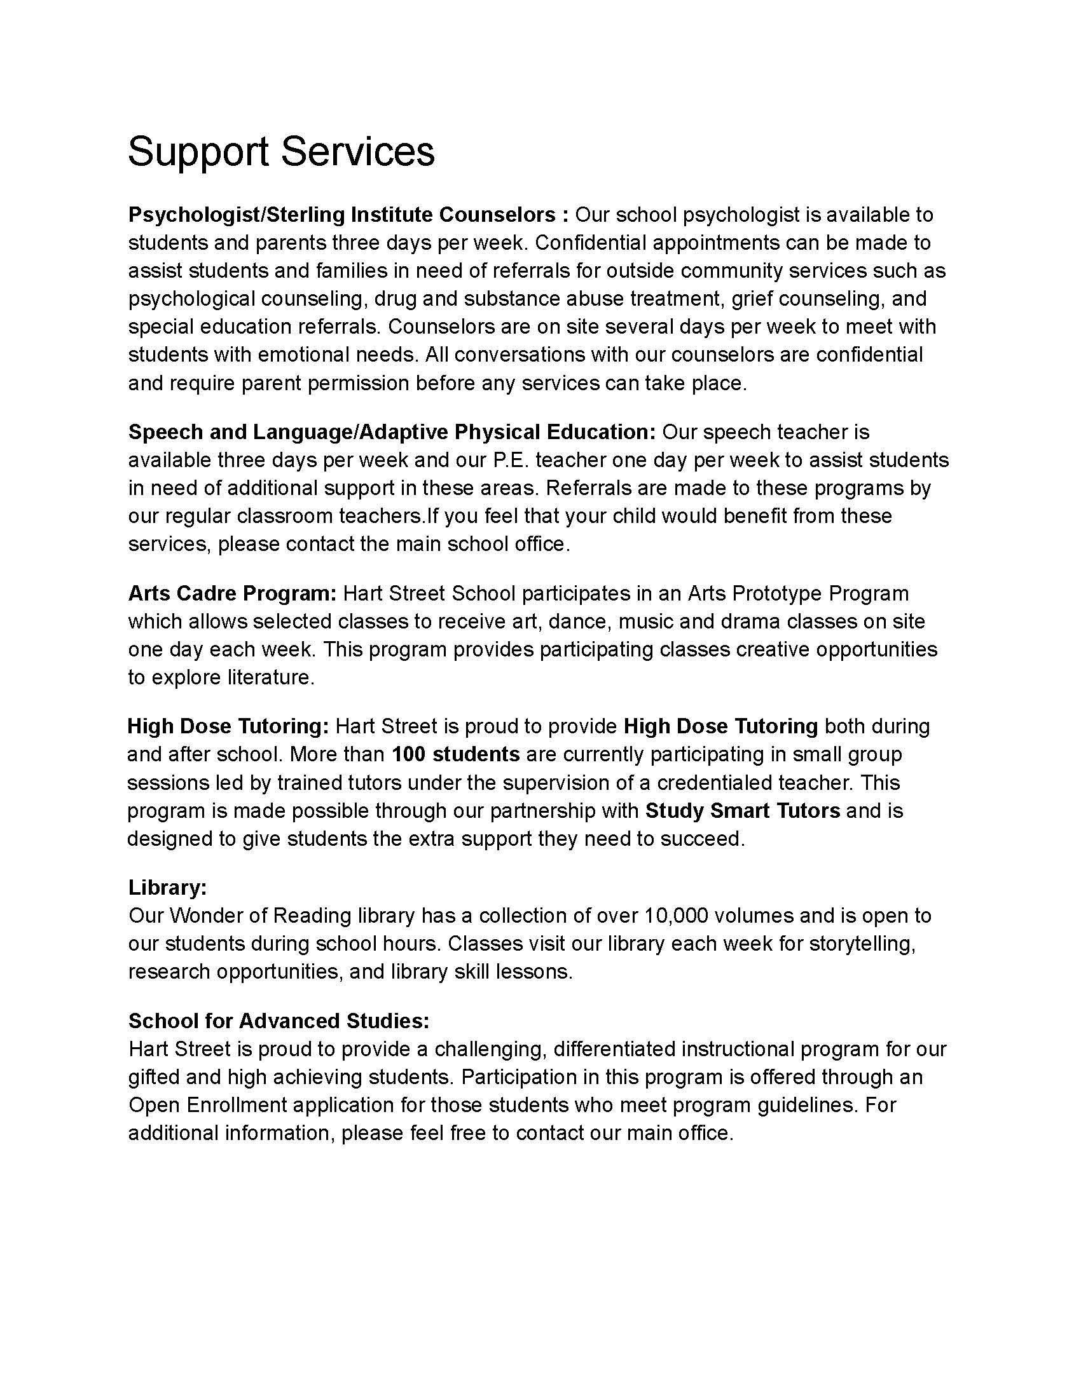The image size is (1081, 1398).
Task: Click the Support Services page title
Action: [x=281, y=152]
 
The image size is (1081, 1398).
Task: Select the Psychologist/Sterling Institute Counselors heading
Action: [x=348, y=214]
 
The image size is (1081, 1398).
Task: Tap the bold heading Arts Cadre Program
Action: [x=232, y=594]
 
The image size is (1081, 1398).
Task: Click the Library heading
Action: [x=167, y=887]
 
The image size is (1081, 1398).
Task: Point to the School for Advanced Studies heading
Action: [x=279, y=1021]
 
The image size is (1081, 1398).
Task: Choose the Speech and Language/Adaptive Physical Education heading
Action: [x=392, y=432]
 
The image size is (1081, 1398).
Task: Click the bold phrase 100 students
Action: [x=455, y=754]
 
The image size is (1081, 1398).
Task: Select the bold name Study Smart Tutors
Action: [x=742, y=810]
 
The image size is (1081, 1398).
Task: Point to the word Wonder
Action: [x=205, y=915]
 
